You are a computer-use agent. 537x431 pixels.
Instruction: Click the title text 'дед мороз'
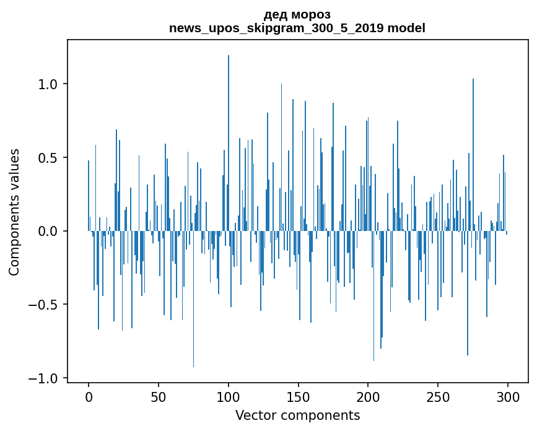tap(297, 14)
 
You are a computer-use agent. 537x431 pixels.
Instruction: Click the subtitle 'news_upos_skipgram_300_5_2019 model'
tap(297, 28)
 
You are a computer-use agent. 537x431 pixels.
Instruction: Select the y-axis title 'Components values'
tap(14, 212)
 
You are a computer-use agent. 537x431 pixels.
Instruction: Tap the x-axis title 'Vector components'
tap(297, 416)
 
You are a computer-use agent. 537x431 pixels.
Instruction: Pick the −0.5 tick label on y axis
tap(45, 305)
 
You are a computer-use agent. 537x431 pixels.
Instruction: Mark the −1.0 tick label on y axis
tap(45, 378)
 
